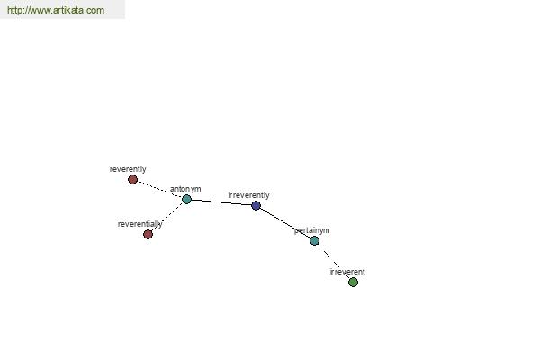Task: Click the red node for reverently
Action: tap(132, 179)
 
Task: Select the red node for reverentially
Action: tap(148, 235)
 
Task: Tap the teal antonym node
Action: tap(186, 199)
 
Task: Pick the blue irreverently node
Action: tap(256, 206)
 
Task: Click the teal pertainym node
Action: tap(314, 241)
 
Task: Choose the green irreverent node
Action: tap(353, 282)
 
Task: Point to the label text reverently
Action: tap(128, 169)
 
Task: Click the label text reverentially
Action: tap(139, 224)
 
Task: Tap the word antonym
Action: tap(185, 189)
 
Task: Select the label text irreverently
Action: tap(248, 195)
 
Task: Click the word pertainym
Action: tap(311, 230)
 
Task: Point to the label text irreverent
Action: tap(347, 272)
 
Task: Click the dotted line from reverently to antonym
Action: tap(160, 190)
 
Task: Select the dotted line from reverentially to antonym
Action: tap(167, 217)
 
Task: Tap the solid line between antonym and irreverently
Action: tap(221, 202)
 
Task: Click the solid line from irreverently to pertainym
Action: tap(285, 223)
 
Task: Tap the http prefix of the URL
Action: tap(14, 10)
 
